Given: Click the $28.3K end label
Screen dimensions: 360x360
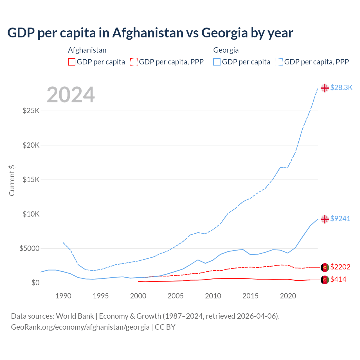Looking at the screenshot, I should coord(341,87).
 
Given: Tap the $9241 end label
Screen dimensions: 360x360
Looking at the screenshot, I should coord(340,219).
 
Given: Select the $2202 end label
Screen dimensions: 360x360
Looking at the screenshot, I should coord(340,267).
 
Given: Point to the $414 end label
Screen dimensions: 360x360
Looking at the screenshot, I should coord(338,279).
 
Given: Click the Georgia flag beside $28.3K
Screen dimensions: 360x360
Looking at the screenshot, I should coord(325,88).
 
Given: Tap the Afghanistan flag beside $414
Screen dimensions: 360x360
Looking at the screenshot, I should coord(325,280).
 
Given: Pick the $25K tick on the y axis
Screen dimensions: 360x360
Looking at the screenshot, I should coord(31,111).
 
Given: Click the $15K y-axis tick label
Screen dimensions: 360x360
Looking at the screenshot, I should coord(31,179).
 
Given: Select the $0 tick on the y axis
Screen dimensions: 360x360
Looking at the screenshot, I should coord(35,283).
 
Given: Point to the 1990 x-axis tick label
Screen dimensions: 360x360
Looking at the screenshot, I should coord(63,296).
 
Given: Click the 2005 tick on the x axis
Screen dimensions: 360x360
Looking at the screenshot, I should coord(175,296).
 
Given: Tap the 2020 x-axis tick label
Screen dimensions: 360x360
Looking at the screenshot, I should coord(288,296).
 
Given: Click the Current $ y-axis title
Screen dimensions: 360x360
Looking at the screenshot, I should coord(12,180).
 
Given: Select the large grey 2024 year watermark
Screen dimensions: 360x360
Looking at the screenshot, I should coord(71,95).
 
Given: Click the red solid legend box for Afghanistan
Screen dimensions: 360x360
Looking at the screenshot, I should coord(72,62).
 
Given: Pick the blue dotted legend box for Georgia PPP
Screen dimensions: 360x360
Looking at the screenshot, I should coord(279,62).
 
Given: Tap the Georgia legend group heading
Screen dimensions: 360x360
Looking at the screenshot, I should coord(226,50).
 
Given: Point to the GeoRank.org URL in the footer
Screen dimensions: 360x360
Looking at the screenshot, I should coord(80,327).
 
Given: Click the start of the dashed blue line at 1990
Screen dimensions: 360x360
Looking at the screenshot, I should coord(63,243).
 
